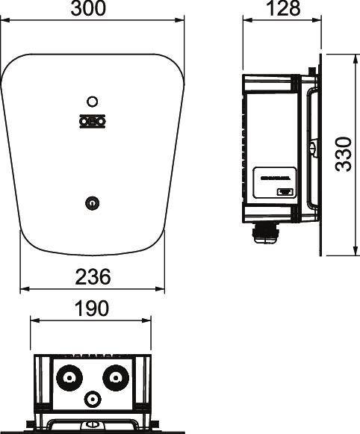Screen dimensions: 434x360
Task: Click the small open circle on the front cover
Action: coord(91,102)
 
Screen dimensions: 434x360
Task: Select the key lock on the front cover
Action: coord(91,202)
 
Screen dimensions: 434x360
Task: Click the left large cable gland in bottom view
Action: coord(69,377)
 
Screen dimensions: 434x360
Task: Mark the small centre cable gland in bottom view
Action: coord(91,399)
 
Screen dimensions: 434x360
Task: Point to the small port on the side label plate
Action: coord(284,192)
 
